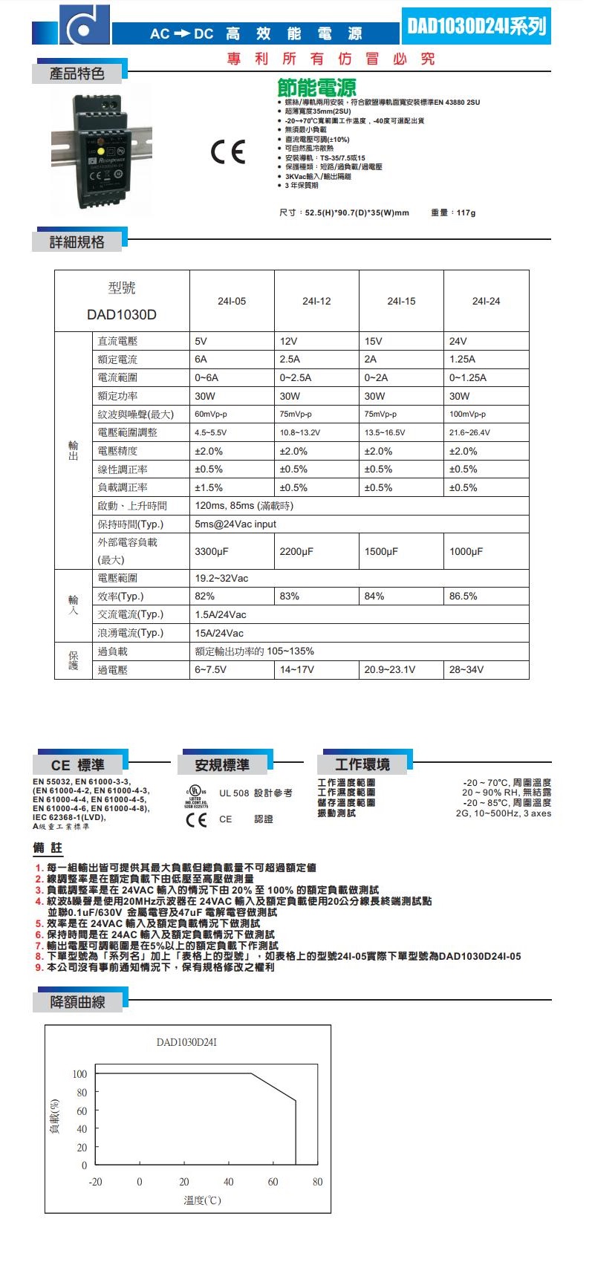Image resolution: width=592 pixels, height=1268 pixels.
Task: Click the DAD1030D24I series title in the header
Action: [x=476, y=27]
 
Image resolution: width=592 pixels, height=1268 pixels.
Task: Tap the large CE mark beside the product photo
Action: [x=227, y=152]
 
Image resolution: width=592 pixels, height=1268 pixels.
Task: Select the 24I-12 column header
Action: [x=316, y=301]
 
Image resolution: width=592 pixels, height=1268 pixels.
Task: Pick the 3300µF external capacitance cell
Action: [x=212, y=551]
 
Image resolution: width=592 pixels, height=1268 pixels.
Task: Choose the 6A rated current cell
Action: [x=201, y=359]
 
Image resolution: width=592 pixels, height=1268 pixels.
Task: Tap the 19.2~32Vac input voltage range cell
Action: [x=221, y=578]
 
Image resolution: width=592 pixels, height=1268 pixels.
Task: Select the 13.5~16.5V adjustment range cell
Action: [x=384, y=432]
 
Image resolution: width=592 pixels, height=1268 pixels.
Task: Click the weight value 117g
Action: [x=466, y=213]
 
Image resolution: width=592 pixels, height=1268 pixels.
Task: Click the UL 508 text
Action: [x=234, y=793]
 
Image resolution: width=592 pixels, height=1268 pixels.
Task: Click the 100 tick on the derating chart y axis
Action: [x=79, y=1074]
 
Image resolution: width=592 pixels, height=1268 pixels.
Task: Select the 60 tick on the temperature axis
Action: [x=273, y=1182]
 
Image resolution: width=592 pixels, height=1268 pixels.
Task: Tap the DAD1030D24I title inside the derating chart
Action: [x=186, y=1042]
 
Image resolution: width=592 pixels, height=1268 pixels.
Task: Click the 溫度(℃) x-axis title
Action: [x=202, y=1200]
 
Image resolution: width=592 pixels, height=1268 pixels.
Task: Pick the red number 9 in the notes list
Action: [x=39, y=967]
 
